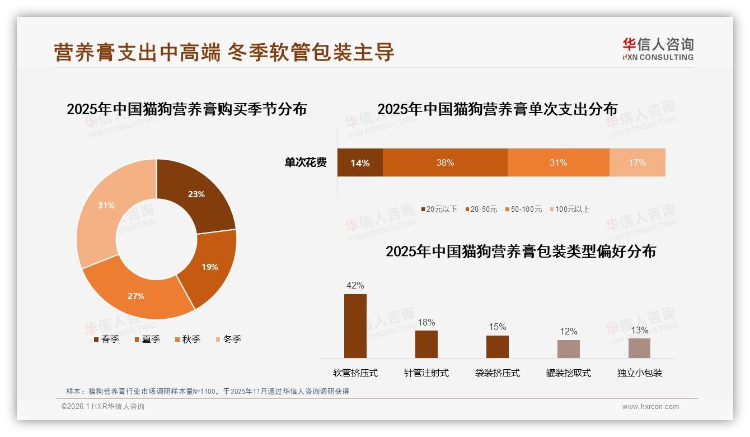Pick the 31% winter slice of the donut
click(x=106, y=207)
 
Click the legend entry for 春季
click(x=106, y=339)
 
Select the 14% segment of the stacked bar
click(x=360, y=163)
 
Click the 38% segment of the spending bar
click(x=445, y=163)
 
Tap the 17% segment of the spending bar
click(x=637, y=163)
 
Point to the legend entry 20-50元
click(x=481, y=209)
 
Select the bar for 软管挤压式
click(x=355, y=326)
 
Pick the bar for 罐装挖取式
click(x=568, y=348)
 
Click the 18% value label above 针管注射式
click(x=426, y=323)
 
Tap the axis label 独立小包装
click(x=639, y=373)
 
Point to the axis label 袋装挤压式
click(x=497, y=373)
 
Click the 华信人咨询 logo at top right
click(x=658, y=49)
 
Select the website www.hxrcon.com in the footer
click(x=650, y=407)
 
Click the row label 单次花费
click(x=306, y=163)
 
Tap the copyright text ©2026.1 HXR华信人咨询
click(x=103, y=407)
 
